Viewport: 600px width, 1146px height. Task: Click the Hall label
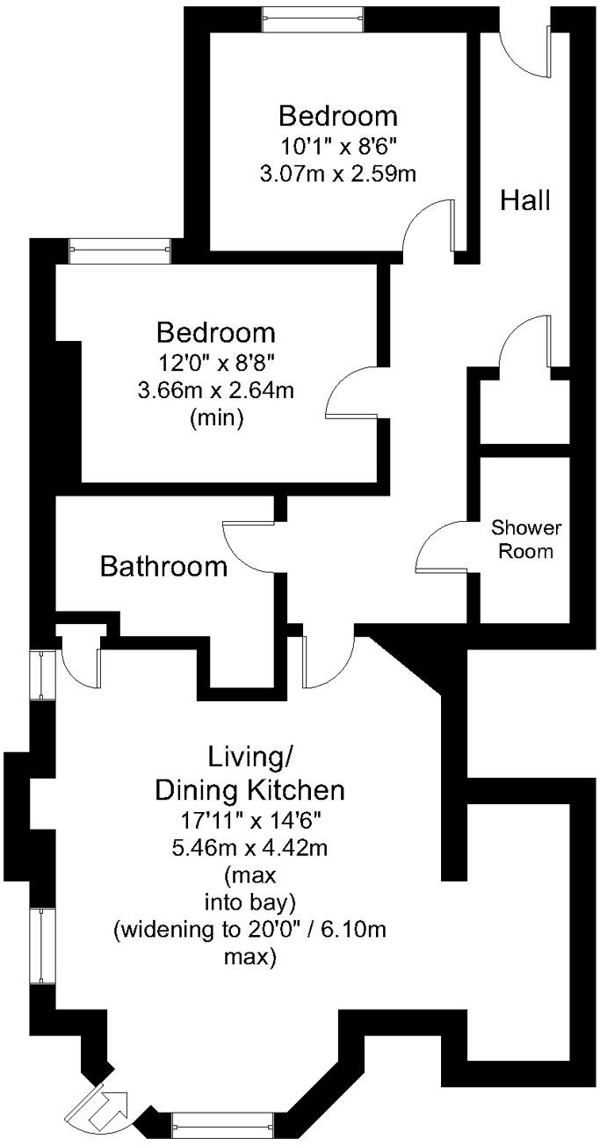(525, 200)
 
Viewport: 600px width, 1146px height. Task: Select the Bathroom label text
(163, 566)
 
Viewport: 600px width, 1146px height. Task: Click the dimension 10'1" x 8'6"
(338, 144)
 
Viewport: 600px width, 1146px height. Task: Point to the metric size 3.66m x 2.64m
(216, 389)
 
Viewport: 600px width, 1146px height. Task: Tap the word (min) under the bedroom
(216, 419)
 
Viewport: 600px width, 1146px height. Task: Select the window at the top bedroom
(314, 17)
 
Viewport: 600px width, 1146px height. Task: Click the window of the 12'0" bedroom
(120, 251)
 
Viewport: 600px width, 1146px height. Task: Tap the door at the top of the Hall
(527, 52)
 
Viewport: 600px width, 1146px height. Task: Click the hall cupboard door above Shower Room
(525, 343)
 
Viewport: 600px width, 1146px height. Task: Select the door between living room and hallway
(326, 661)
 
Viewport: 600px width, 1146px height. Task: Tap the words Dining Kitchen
(250, 789)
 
